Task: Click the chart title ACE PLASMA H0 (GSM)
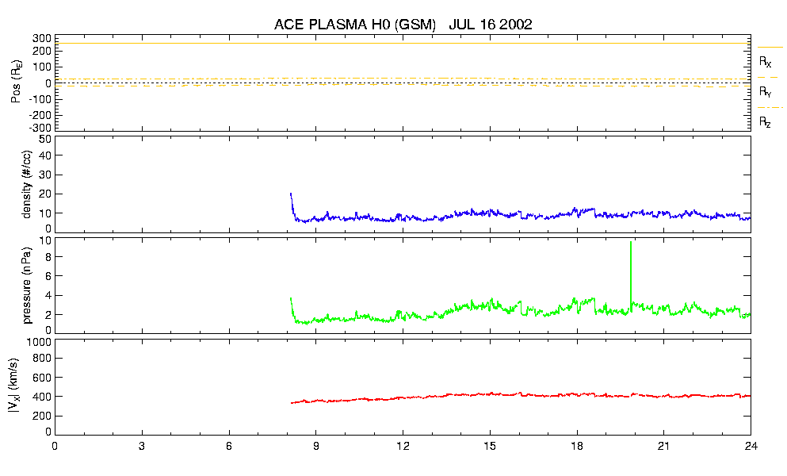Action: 355,25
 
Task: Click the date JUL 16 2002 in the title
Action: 490,25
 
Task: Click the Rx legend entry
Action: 766,61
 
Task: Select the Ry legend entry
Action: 766,92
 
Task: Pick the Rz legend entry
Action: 766,122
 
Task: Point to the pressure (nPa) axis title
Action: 27,285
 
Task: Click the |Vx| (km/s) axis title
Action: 27,386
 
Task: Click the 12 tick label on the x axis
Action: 403,447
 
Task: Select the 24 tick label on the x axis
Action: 750,447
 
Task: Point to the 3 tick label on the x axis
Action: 142,447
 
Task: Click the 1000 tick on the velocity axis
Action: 40,342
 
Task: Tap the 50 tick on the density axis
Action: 45,139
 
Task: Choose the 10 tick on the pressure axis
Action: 45,240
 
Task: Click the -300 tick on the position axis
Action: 40,127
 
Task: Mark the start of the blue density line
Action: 291,194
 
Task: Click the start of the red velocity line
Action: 292,403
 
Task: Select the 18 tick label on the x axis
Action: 577,447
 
